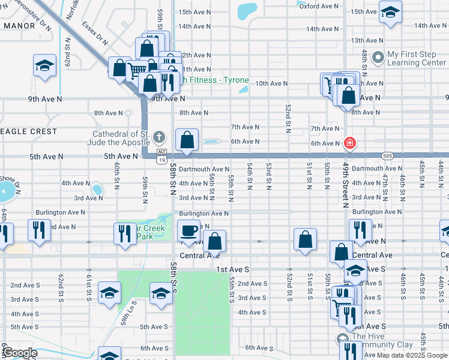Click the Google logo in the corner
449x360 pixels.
click(19, 353)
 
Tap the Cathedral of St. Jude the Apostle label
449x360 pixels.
click(121, 138)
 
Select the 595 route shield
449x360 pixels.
click(387, 155)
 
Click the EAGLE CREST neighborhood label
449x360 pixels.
click(28, 131)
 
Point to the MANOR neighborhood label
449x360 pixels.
click(18, 26)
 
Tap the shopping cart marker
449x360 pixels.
click(137, 71)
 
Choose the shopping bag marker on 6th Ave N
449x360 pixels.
click(187, 140)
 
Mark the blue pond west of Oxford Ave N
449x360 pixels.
click(246, 10)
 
